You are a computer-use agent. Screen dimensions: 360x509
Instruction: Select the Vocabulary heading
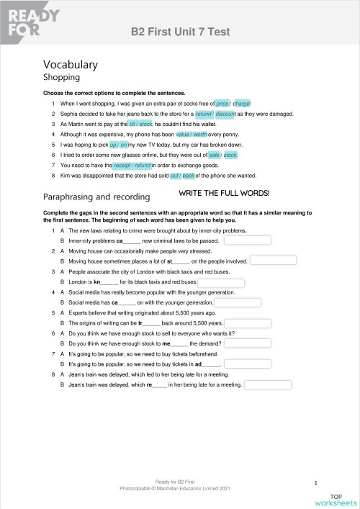point(71,64)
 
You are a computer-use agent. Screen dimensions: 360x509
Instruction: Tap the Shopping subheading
point(61,78)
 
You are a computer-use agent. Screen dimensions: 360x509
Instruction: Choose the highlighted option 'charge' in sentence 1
point(241,104)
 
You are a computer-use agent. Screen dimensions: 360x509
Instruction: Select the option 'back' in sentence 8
point(189,175)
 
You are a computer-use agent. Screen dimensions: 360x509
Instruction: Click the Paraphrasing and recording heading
point(96,196)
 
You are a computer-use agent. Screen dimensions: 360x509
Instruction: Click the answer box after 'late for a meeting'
point(267,385)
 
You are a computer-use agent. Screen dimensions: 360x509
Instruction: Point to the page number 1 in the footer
point(316,482)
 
